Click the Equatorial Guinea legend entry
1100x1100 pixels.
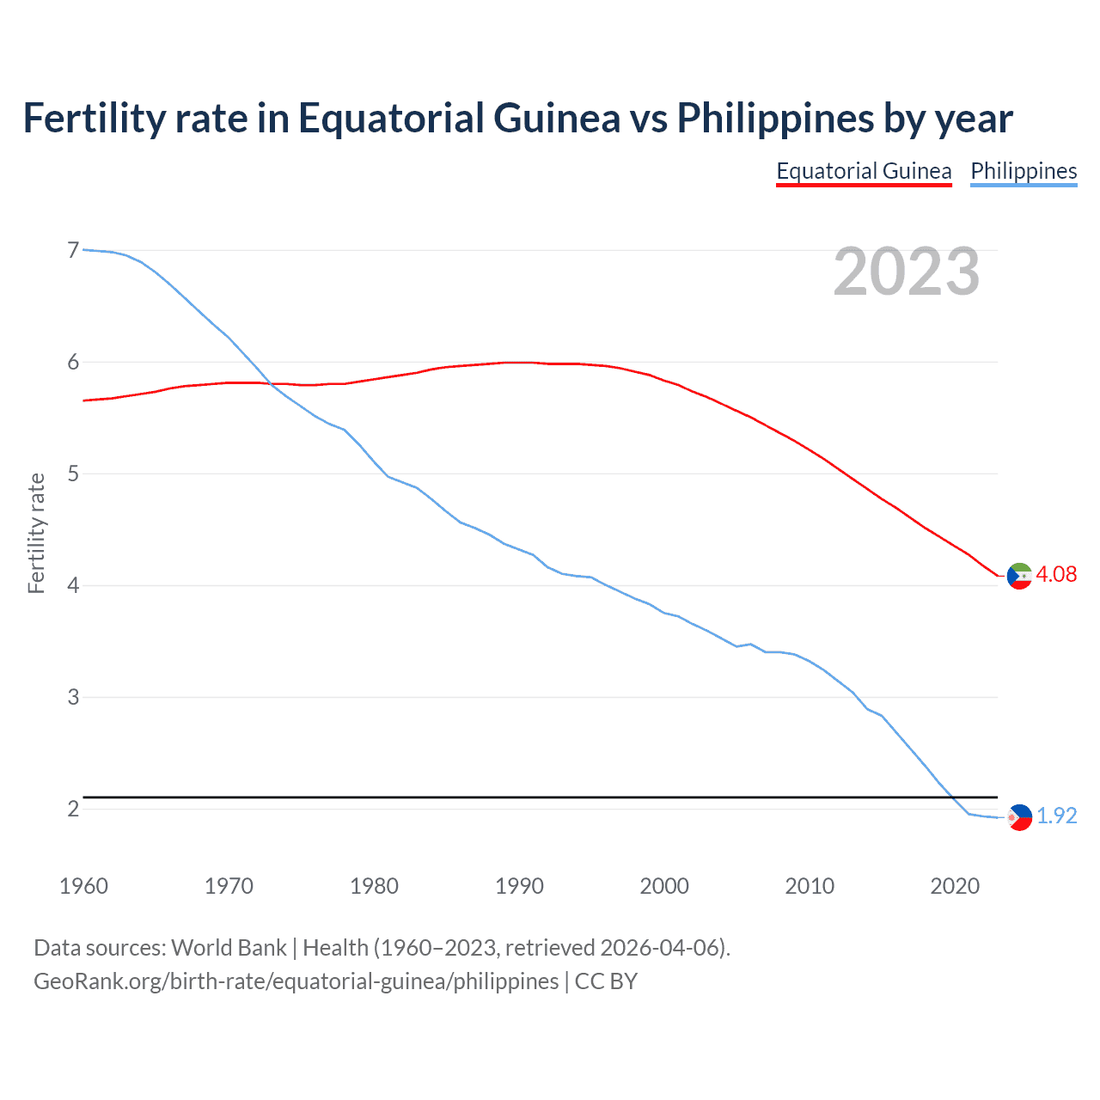click(864, 171)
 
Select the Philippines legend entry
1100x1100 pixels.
click(1024, 171)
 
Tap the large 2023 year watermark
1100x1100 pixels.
click(906, 272)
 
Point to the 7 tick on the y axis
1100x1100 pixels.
click(73, 250)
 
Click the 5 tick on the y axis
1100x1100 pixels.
click(73, 474)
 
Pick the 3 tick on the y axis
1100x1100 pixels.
click(73, 697)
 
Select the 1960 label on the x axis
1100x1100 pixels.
click(83, 886)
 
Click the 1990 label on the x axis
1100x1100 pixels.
click(519, 886)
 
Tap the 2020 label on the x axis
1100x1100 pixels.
click(955, 886)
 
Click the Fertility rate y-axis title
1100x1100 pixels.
click(36, 533)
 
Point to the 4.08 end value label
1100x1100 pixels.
click(1056, 574)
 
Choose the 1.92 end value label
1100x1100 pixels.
click(1056, 816)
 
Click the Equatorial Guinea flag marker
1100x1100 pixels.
click(1019, 576)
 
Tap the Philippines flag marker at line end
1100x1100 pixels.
click(1019, 817)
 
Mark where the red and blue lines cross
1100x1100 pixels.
click(269, 384)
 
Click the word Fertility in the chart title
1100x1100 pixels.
click(93, 118)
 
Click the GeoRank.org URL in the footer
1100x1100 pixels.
click(296, 981)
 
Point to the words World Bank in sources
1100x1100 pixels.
click(229, 947)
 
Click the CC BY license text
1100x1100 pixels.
click(606, 981)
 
